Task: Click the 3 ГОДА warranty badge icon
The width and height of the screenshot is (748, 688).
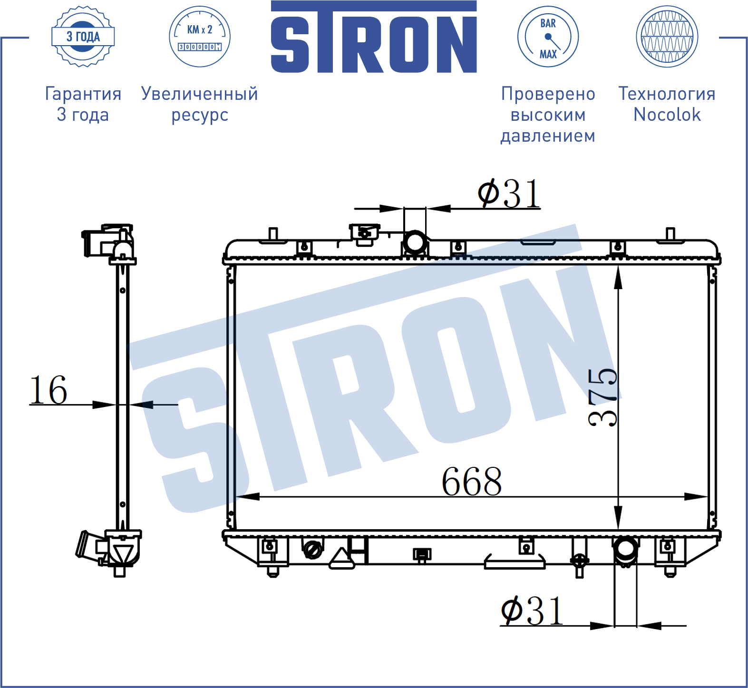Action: click(83, 37)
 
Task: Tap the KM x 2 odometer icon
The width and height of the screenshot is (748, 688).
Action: click(200, 37)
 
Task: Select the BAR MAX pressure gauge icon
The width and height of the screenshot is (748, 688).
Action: click(548, 37)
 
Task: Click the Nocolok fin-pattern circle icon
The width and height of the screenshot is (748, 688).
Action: click(667, 37)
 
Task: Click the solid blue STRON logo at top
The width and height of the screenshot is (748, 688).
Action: click(374, 37)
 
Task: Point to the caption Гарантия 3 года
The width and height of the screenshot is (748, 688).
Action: click(83, 104)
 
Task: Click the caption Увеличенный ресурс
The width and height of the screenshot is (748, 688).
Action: click(200, 104)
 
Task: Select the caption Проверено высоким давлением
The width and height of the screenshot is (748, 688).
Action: click(548, 115)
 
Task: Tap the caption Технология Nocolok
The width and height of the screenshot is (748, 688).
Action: click(667, 104)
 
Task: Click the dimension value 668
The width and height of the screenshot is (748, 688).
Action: click(472, 481)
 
